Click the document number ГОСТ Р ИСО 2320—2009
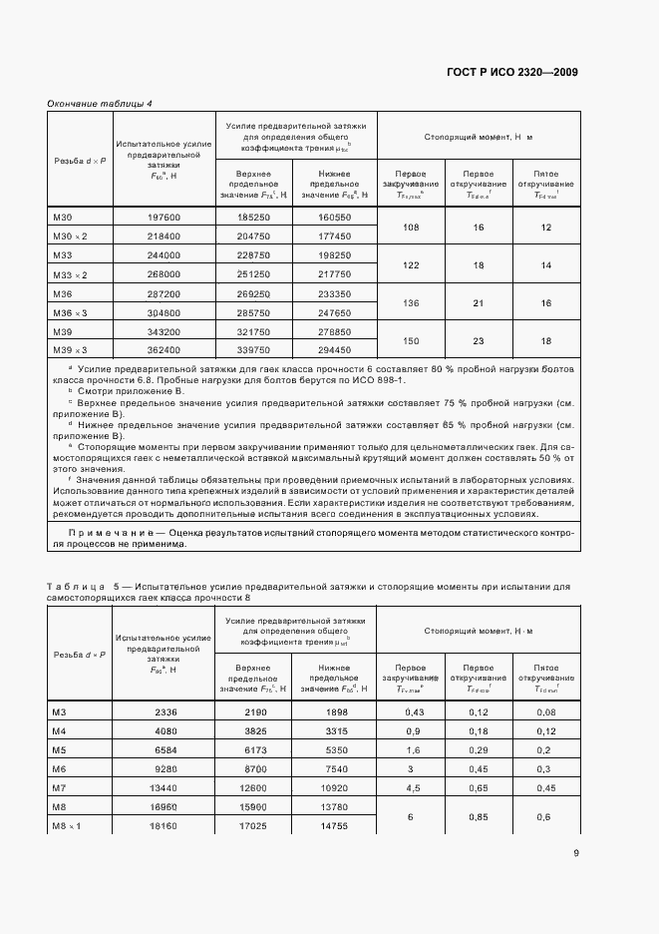(x=505, y=72)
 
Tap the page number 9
(x=576, y=852)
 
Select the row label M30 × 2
(x=70, y=236)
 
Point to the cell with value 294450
(x=334, y=350)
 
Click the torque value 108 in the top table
(x=409, y=228)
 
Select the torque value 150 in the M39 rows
(x=409, y=341)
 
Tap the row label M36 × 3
(x=70, y=312)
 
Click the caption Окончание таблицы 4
(x=100, y=104)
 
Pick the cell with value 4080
(x=165, y=730)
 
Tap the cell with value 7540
(x=335, y=768)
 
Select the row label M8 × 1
(x=67, y=826)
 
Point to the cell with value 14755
(x=334, y=826)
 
